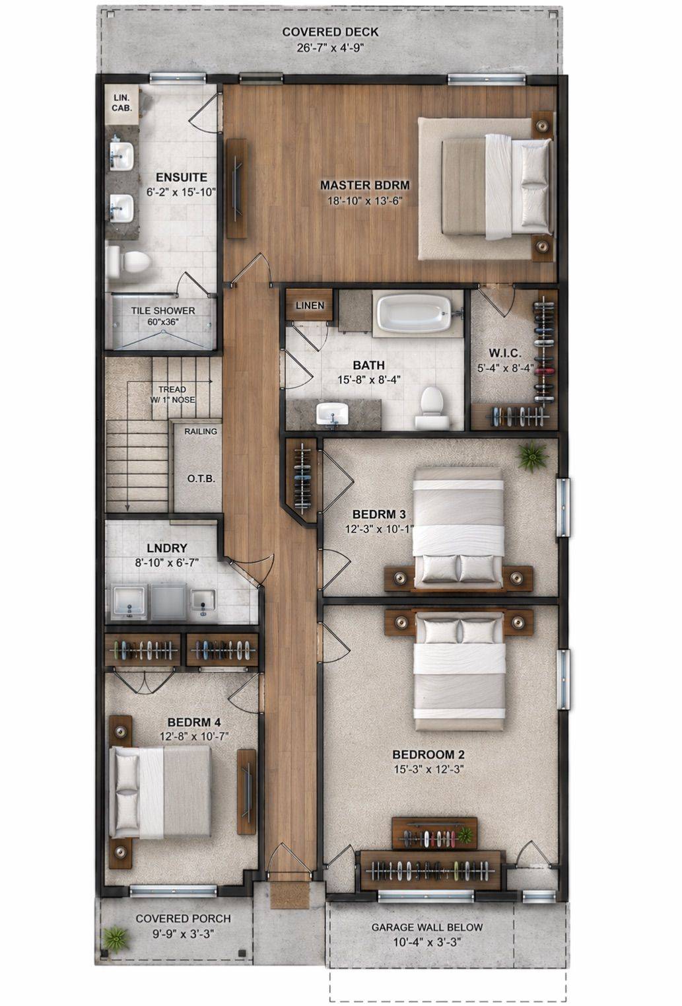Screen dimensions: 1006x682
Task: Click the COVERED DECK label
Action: (x=330, y=32)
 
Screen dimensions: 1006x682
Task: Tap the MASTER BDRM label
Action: (x=364, y=186)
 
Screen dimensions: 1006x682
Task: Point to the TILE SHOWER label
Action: (x=162, y=310)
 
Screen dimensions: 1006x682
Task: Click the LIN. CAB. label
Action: (x=121, y=102)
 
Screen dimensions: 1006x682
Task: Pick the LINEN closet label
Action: (x=310, y=306)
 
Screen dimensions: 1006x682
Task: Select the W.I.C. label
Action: (x=505, y=353)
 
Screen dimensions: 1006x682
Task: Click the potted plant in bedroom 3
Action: (x=532, y=456)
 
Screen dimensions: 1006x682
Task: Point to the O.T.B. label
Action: (x=201, y=479)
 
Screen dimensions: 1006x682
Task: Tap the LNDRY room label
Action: (x=167, y=548)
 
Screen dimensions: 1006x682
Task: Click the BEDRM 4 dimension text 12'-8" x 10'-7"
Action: (x=194, y=736)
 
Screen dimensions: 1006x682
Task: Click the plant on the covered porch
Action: (x=116, y=937)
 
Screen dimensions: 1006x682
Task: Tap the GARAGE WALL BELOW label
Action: (x=427, y=927)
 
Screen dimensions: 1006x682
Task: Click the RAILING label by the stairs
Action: (x=200, y=431)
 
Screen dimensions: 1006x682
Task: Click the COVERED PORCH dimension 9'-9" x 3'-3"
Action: (x=183, y=933)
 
